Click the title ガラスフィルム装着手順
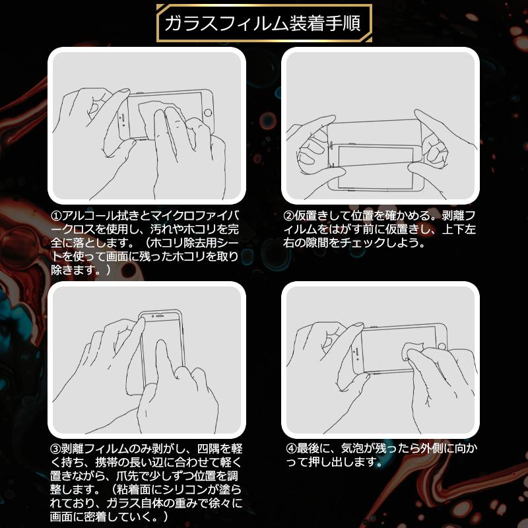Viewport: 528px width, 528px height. click(263, 24)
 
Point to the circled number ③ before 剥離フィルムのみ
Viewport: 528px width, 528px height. click(56, 447)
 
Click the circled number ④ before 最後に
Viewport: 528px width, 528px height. click(288, 447)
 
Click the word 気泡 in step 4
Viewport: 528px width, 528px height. click(355, 447)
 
